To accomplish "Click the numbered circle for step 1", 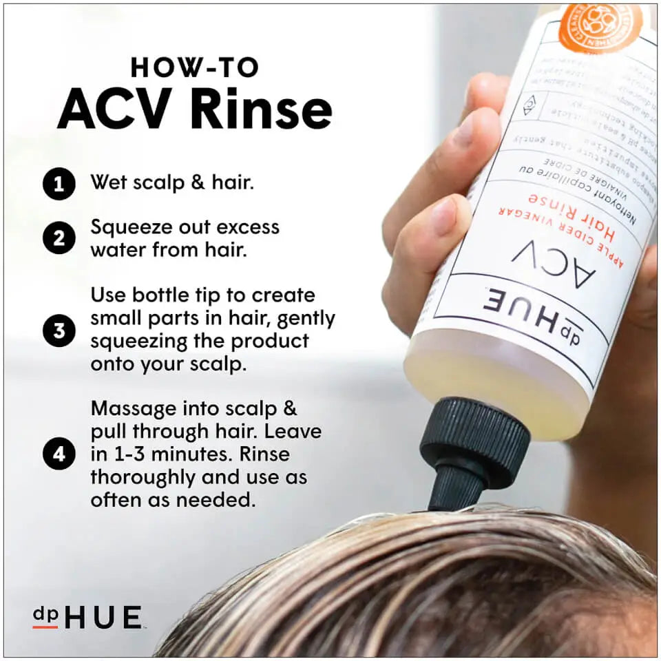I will [59, 185].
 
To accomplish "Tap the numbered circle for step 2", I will [59, 238].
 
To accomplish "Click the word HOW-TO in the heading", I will [194, 67].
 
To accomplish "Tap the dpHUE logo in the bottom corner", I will [87, 617].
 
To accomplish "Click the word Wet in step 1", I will [109, 183].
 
